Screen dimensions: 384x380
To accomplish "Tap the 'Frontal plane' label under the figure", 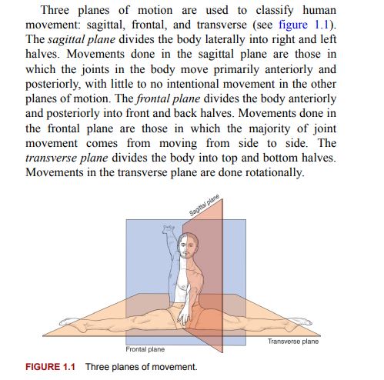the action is [145, 349].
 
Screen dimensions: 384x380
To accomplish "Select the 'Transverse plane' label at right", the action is [293, 341].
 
